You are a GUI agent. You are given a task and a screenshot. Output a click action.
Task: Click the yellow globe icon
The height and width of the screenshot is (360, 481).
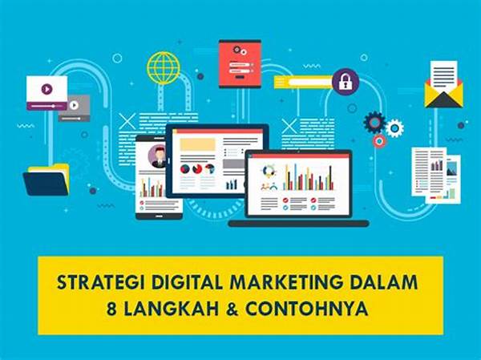click(164, 68)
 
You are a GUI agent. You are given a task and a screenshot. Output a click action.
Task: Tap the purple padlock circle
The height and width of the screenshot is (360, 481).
click(346, 81)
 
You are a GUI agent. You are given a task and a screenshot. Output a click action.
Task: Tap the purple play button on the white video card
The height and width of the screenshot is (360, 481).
click(47, 89)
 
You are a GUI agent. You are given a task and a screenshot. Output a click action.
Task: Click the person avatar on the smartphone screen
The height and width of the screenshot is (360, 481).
click(158, 157)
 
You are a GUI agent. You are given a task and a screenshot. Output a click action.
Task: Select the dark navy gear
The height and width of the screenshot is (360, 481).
click(374, 122)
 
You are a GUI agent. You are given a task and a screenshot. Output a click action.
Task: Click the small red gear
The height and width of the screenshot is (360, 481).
click(379, 141)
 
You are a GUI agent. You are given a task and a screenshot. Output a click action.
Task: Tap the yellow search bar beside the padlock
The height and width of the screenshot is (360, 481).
click(302, 82)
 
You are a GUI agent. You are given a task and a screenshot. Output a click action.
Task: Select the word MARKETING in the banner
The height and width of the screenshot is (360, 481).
click(271, 281)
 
